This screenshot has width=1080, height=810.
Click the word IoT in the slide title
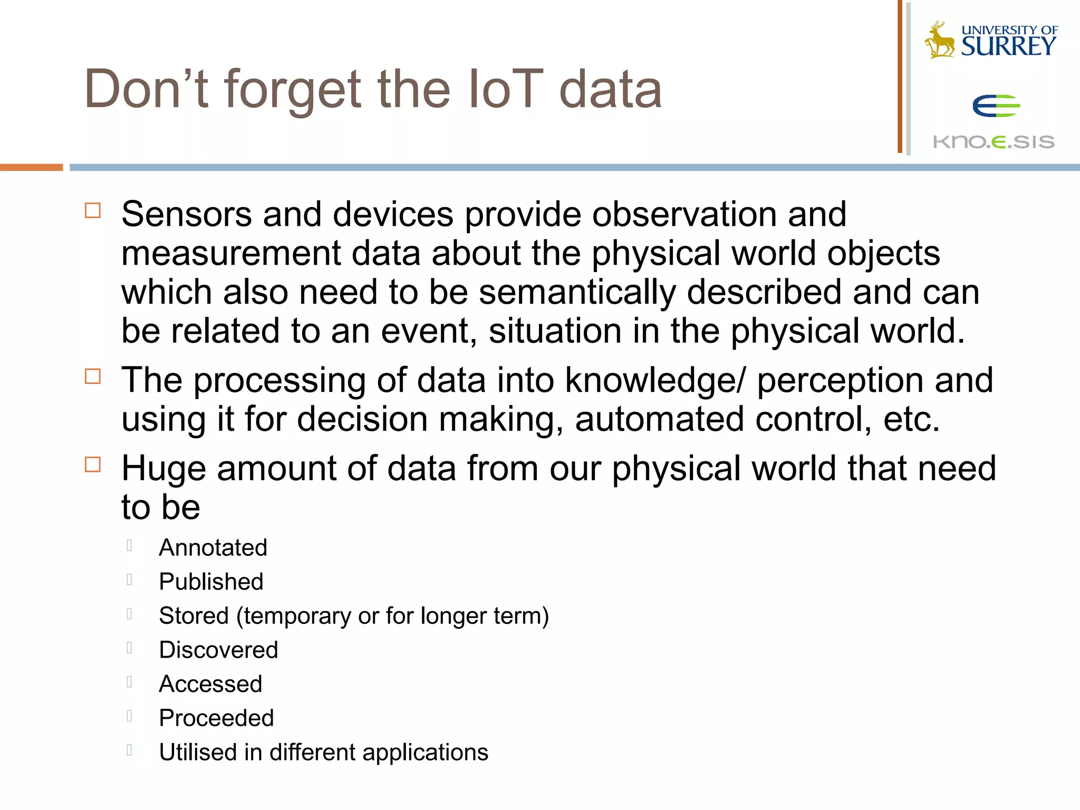click(x=505, y=90)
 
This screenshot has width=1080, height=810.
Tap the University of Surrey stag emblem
click(x=940, y=40)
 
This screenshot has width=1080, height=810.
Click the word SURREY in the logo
click(x=1008, y=47)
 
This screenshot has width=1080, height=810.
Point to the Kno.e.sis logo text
click(x=994, y=142)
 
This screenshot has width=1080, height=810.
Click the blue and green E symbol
click(x=996, y=106)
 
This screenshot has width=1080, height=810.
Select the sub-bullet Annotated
click(x=213, y=547)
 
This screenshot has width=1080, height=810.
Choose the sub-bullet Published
click(x=211, y=582)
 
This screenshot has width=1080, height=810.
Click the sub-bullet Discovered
click(x=218, y=650)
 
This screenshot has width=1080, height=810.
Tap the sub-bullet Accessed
click(x=210, y=684)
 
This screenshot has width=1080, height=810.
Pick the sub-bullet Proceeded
click(x=216, y=718)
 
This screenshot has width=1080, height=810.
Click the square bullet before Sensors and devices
click(x=93, y=210)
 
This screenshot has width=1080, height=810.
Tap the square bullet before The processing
click(x=93, y=377)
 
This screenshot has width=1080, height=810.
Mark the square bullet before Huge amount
click(x=93, y=465)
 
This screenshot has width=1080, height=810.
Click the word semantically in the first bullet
click(x=577, y=292)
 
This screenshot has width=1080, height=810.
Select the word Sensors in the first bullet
click(x=187, y=215)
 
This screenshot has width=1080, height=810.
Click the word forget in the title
click(x=293, y=90)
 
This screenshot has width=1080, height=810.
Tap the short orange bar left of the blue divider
click(x=31, y=167)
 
